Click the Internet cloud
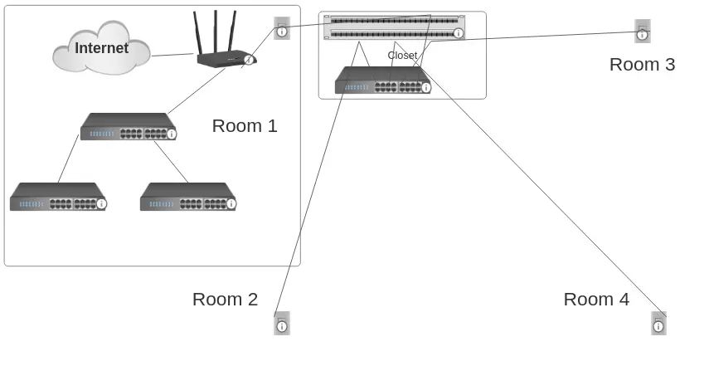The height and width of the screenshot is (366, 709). coord(101,49)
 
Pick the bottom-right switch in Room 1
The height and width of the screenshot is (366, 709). coord(187,198)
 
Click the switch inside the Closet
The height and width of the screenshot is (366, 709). coord(382,81)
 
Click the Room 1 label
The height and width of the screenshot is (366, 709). coord(245,126)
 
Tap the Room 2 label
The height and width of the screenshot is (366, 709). coord(225,300)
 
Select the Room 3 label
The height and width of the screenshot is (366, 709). coord(642,65)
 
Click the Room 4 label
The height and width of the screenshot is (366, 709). coord(596,300)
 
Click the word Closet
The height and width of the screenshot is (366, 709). coord(402,56)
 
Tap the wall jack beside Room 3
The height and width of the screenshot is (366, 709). coord(643,31)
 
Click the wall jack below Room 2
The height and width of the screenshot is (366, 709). coord(282,323)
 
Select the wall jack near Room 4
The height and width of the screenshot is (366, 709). coord(658,323)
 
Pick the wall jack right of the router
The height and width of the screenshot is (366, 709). coord(282,28)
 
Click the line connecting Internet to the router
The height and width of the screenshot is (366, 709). coord(172,55)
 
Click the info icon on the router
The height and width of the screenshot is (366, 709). coord(248,60)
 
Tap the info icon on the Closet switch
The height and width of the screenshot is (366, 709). coord(425,87)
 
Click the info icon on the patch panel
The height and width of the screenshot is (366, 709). coord(459,33)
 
